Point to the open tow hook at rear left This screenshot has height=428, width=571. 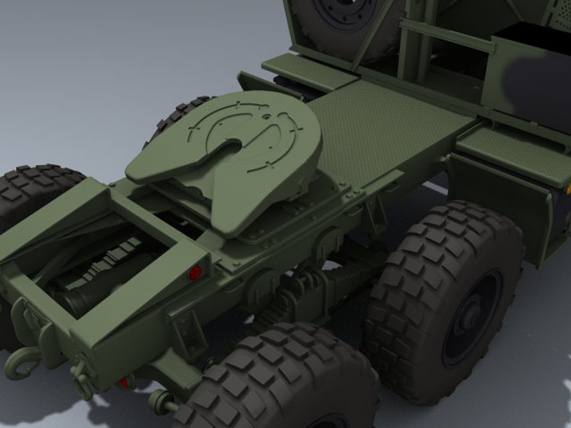pyautogui.click(x=19, y=362)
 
